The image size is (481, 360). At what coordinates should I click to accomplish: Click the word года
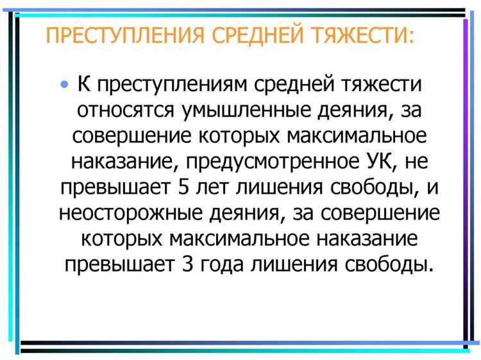(x=225, y=264)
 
